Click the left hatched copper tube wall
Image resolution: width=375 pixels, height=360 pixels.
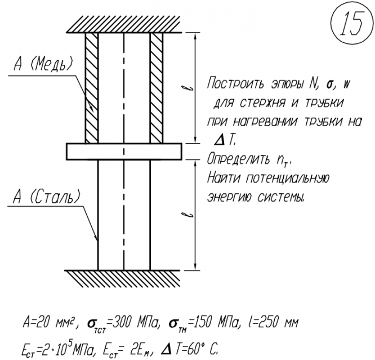(x=91, y=87)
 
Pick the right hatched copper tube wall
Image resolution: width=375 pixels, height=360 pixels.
(x=157, y=87)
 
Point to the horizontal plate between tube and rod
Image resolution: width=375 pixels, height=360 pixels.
(x=124, y=151)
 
